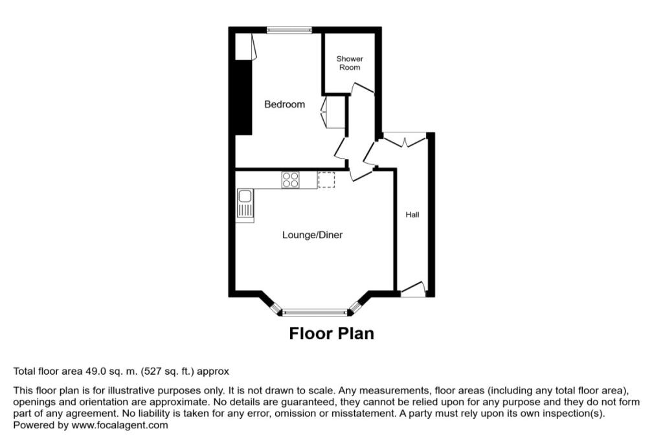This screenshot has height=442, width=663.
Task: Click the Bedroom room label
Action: coord(284,104)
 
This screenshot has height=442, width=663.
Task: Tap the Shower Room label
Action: coord(350,63)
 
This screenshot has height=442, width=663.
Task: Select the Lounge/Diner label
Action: coord(312,235)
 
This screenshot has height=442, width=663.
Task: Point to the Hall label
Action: coord(412,214)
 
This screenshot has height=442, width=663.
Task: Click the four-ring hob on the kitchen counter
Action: coord(291,179)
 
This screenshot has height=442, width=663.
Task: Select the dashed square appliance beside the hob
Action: coord(326,179)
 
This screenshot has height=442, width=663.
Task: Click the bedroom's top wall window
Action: coord(289,30)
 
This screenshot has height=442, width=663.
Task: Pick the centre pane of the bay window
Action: coord(315,312)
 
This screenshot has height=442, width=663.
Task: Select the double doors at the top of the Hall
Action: coord(405,138)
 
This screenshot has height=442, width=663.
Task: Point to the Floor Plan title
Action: coord(331,333)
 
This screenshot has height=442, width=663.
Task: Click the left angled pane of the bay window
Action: coord(275,307)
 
